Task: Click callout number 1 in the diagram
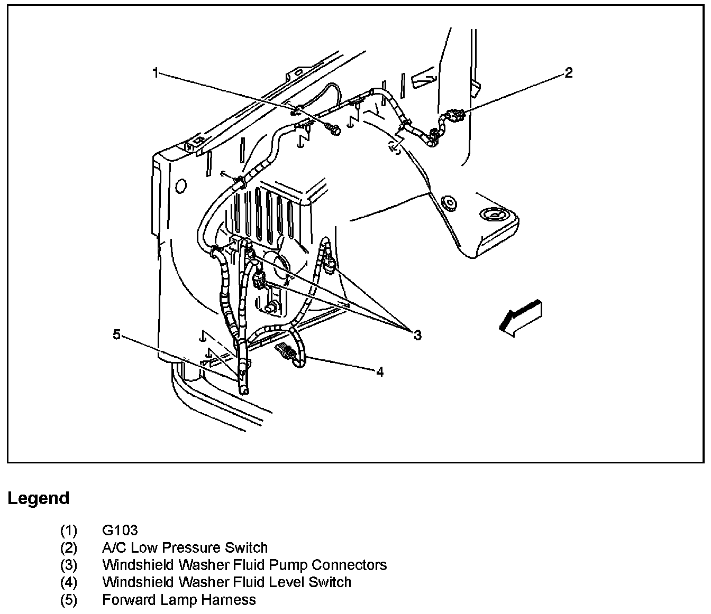click(x=155, y=72)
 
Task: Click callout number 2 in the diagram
click(x=568, y=72)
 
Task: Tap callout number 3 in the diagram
click(x=417, y=334)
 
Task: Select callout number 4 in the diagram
click(x=380, y=372)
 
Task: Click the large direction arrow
click(x=521, y=318)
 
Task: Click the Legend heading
click(x=39, y=498)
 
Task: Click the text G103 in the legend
click(x=120, y=530)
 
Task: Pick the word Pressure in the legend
click(x=193, y=547)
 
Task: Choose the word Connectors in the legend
click(x=349, y=565)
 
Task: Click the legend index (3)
click(x=69, y=565)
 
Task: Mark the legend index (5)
click(x=69, y=600)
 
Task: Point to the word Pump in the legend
click(x=288, y=565)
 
